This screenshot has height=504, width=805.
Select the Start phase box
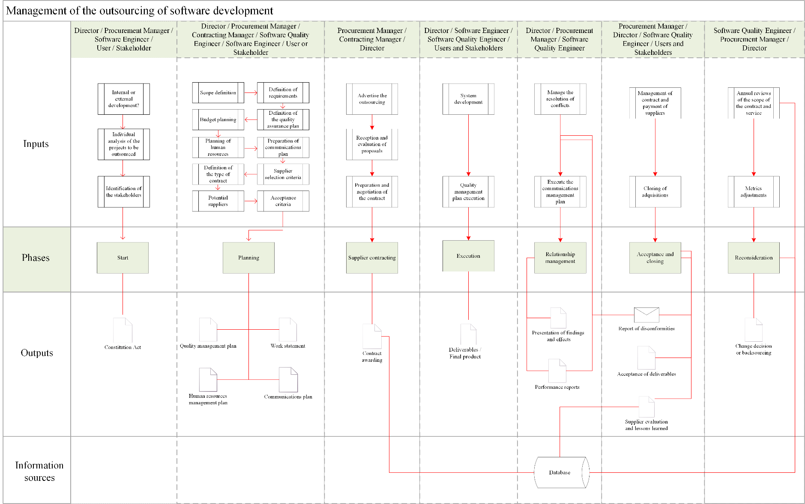123,258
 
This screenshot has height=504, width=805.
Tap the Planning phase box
248,258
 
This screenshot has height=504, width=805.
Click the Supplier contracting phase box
372,258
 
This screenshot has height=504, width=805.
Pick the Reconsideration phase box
754,258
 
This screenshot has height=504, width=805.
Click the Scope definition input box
218,92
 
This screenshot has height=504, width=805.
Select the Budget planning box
218,119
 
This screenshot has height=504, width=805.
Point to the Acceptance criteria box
283,201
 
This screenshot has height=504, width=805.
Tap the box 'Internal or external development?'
123,99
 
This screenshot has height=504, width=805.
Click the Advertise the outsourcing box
372,99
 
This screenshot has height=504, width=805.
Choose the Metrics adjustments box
754,191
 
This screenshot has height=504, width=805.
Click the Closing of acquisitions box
655,191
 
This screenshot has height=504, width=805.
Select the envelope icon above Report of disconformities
646,315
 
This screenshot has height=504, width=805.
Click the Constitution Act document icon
123,330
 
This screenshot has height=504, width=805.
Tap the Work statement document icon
288,329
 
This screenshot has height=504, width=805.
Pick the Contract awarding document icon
372,336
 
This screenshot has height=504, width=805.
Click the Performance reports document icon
557,370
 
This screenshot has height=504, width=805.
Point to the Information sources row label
39,471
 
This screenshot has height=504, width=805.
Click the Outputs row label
37,353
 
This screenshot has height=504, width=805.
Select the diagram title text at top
140,11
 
